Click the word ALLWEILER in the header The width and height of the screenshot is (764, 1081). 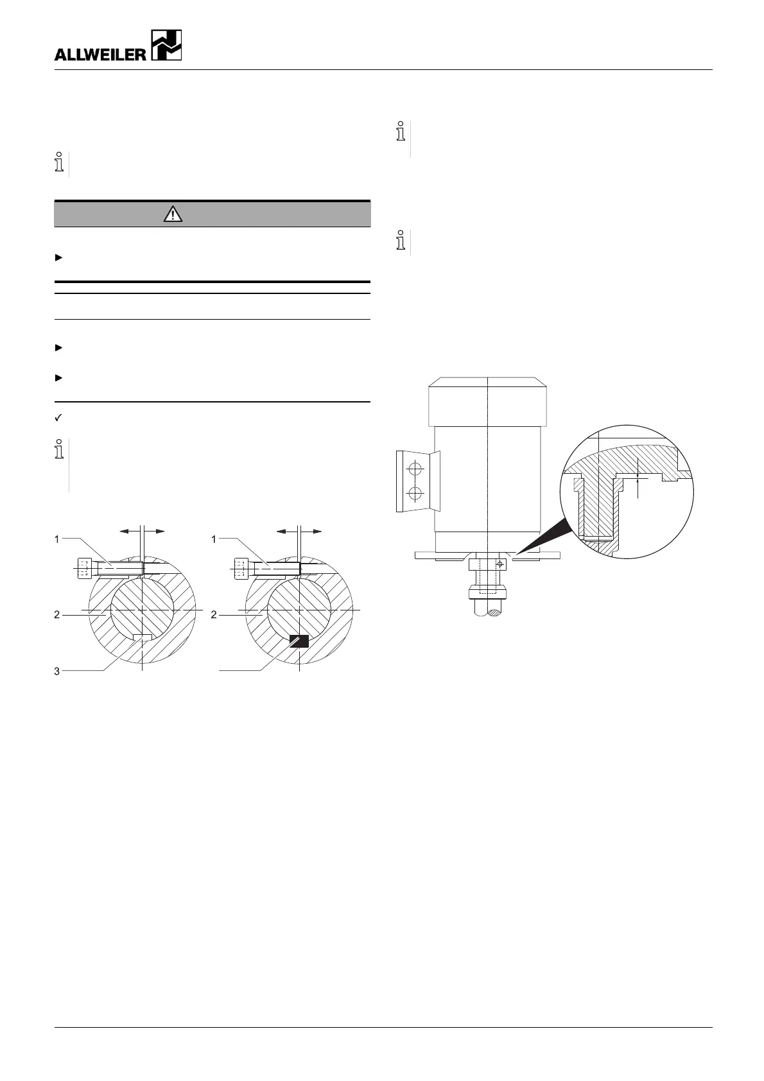[100, 55]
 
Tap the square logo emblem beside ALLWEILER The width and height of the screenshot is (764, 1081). [166, 45]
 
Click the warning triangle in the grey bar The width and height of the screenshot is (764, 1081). [173, 214]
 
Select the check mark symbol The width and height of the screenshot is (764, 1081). [58, 418]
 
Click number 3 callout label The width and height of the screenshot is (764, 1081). [57, 671]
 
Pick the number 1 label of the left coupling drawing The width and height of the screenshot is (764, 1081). [57, 539]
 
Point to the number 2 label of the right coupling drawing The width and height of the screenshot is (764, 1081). [214, 615]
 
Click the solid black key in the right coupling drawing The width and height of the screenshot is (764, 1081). [299, 641]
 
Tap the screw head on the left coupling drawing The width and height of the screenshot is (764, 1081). [85, 569]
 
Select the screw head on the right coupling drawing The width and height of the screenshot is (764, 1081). [241, 569]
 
